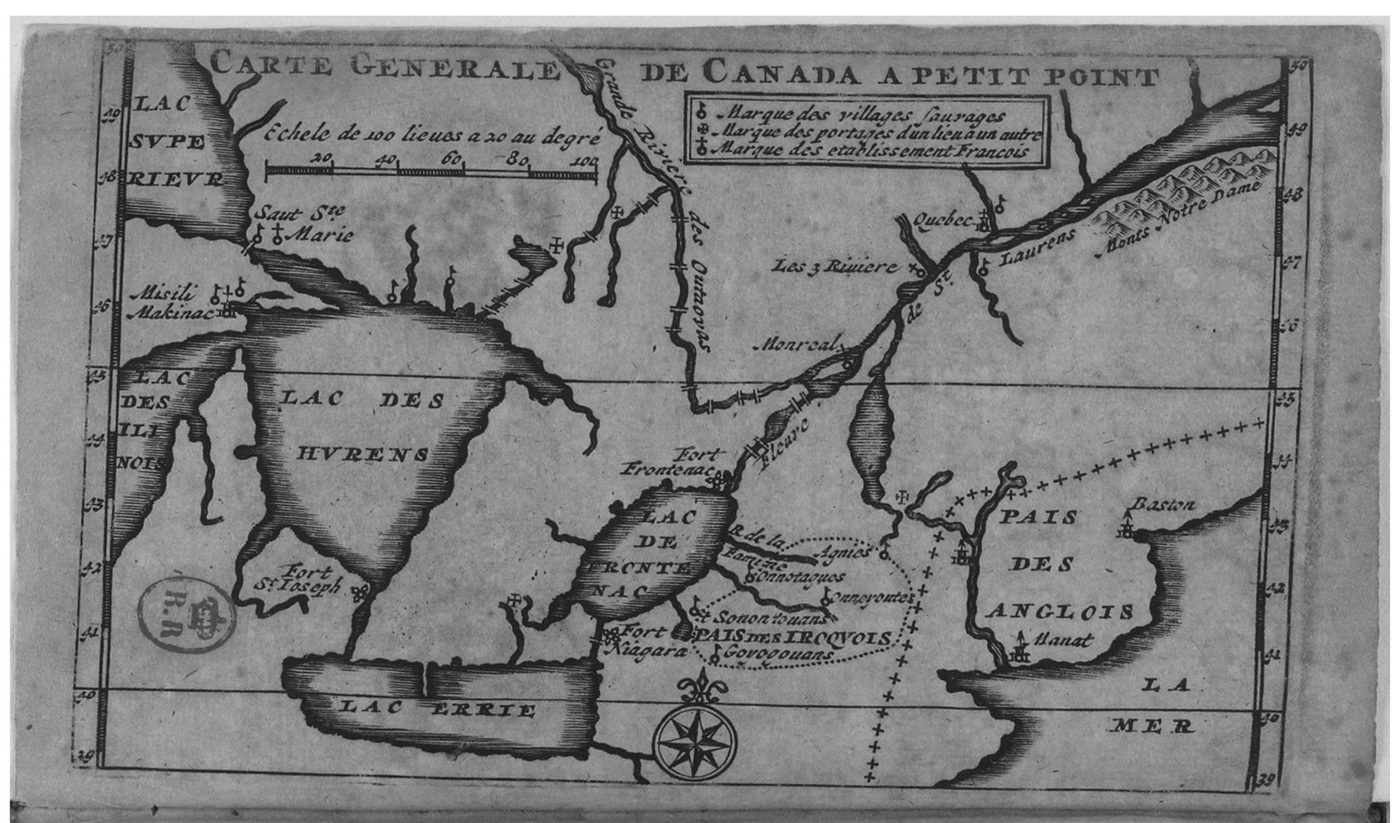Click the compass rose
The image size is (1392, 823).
point(694,743)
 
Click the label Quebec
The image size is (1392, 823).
point(942,219)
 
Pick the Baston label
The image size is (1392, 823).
point(1162,505)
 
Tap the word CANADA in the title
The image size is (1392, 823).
point(780,74)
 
